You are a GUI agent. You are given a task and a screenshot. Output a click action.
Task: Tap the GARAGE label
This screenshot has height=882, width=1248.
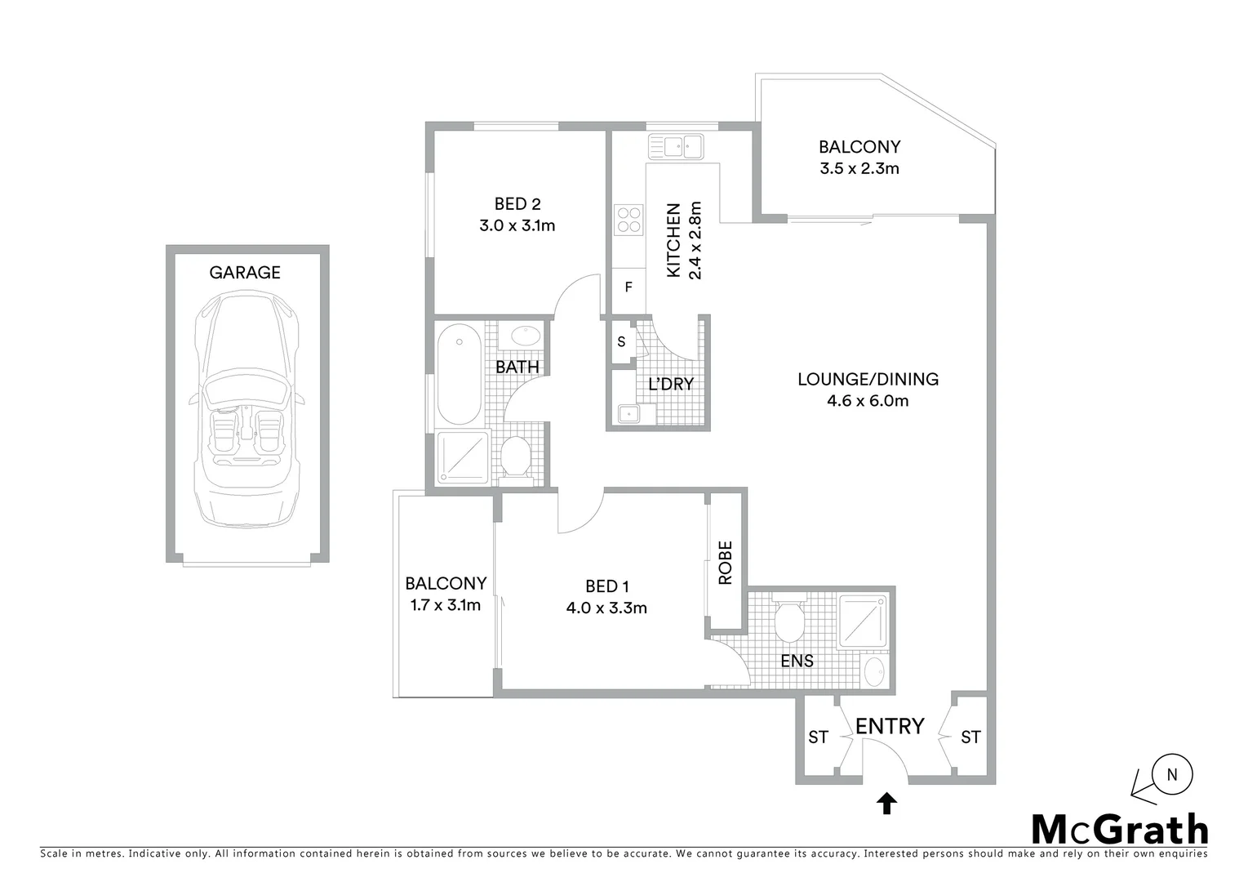pyautogui.click(x=245, y=273)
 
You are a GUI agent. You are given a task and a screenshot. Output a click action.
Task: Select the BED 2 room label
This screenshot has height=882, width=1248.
pyautogui.click(x=517, y=204)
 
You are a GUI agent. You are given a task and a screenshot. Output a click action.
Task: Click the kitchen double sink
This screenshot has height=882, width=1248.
pyautogui.click(x=675, y=147)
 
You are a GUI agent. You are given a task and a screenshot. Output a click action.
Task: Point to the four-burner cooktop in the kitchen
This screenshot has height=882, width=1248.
pyautogui.click(x=628, y=220)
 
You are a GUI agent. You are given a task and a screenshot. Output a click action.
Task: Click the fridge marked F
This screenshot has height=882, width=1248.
pyautogui.click(x=628, y=287)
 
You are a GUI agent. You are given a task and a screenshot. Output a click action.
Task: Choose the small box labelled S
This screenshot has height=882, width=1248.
pyautogui.click(x=621, y=342)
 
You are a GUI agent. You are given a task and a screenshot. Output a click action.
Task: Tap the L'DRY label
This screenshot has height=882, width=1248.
pyautogui.click(x=670, y=384)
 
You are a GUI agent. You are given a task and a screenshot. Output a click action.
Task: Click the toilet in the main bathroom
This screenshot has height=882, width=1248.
pyautogui.click(x=515, y=457)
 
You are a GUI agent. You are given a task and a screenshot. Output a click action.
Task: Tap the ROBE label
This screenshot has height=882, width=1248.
pyautogui.click(x=725, y=563)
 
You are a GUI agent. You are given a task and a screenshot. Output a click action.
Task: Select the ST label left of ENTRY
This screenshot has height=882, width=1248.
pyautogui.click(x=818, y=738)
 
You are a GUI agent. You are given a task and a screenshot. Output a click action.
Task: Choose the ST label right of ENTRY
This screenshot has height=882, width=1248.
pyautogui.click(x=970, y=738)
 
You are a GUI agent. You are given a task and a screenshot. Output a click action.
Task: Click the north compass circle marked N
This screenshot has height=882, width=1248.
pyautogui.click(x=1172, y=774)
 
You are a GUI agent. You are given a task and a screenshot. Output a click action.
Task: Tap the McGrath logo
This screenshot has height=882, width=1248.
pyautogui.click(x=1119, y=830)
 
